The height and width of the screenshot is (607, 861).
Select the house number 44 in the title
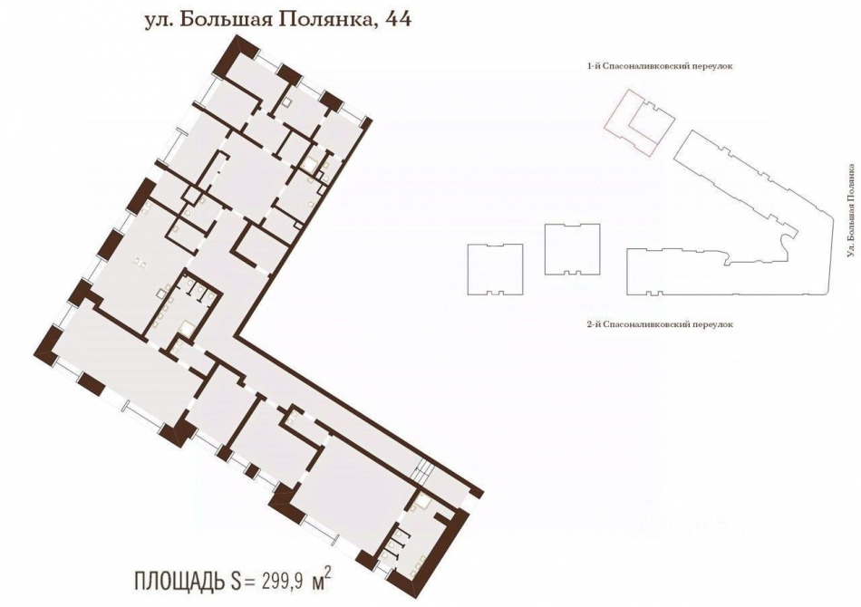[395, 19]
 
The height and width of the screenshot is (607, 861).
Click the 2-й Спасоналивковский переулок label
[659, 323]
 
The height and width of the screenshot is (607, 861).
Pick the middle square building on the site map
[572, 248]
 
